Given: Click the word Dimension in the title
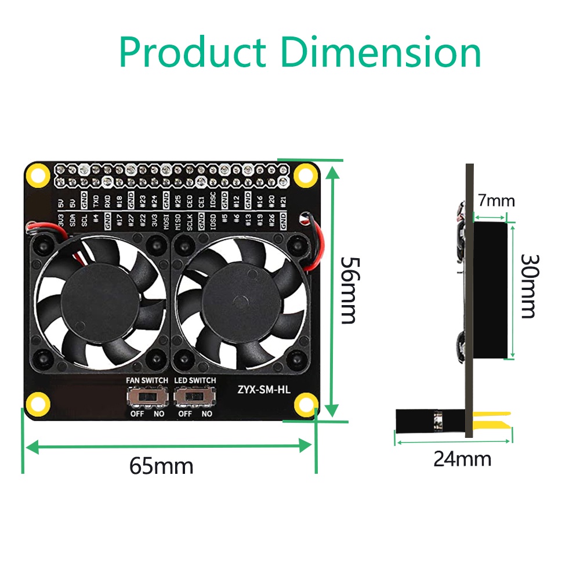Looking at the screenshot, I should click(380, 53).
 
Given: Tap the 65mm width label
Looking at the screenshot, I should click(161, 465).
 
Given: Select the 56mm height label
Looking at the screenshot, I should click(348, 290).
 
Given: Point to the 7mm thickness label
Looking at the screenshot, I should click(496, 201).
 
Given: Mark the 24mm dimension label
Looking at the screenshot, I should click(462, 459).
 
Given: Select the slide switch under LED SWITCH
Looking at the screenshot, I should click(194, 397).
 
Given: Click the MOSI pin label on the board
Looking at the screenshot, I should click(166, 222).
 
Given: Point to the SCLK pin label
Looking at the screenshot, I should click(190, 222).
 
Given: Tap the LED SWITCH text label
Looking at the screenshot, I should click(195, 380).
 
